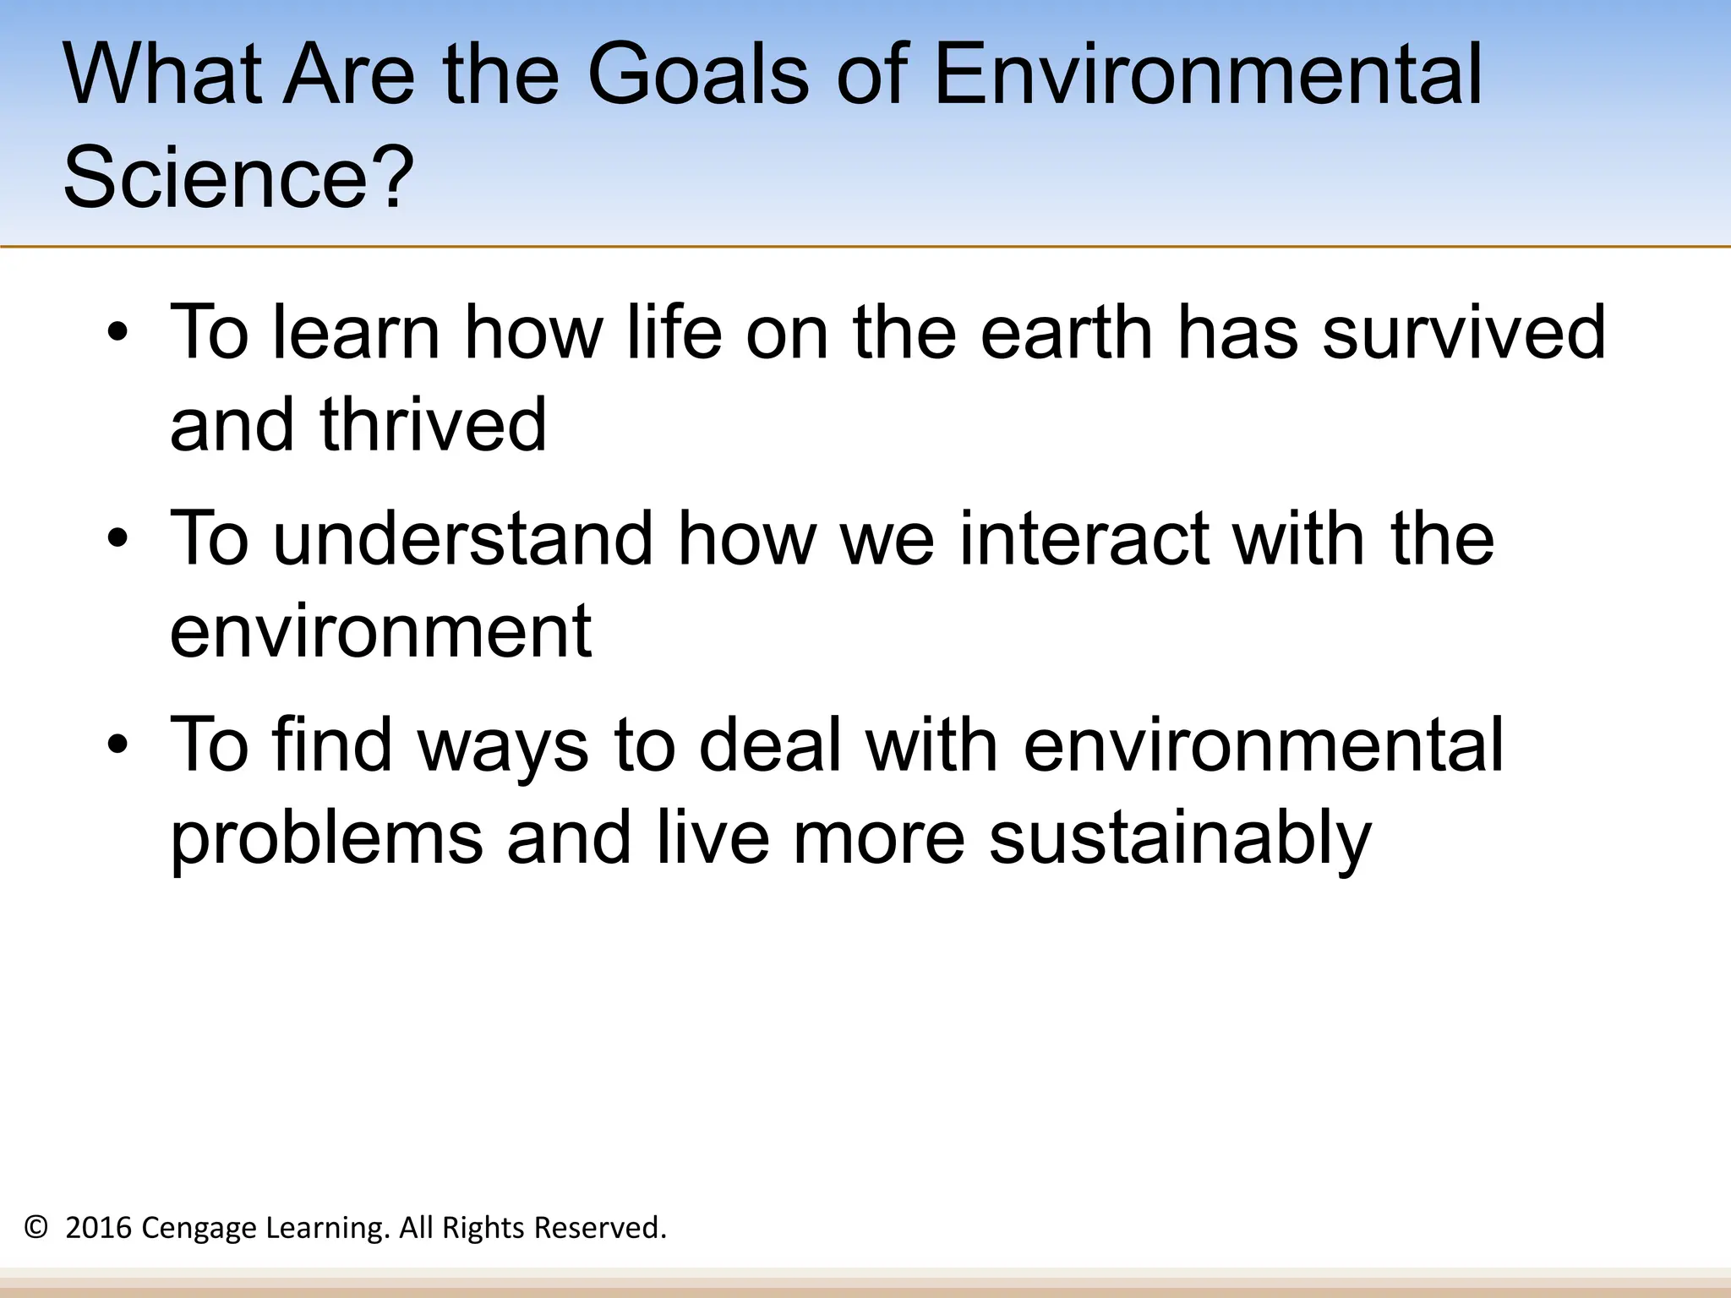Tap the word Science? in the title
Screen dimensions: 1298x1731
[x=238, y=177]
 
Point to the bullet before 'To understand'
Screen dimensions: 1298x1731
[x=118, y=539]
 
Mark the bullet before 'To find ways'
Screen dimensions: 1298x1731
[x=118, y=745]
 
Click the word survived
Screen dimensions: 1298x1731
[x=1463, y=332]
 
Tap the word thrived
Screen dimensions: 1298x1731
[x=433, y=424]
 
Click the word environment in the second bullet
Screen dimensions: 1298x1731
[x=380, y=630]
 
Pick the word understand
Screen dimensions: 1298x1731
[x=463, y=538]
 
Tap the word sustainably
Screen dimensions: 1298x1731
[x=1180, y=838]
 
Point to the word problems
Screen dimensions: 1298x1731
[x=326, y=838]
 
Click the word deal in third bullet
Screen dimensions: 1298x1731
[x=771, y=744]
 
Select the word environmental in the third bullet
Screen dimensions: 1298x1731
[x=1263, y=744]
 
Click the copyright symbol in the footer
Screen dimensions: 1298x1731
[x=35, y=1227]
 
